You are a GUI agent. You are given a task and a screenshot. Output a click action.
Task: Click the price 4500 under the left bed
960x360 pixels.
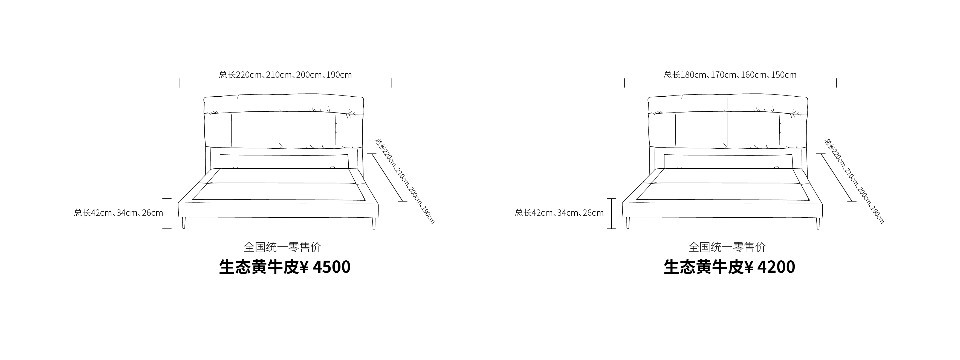[x=332, y=267]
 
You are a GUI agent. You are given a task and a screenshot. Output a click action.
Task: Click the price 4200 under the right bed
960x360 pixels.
[x=776, y=267]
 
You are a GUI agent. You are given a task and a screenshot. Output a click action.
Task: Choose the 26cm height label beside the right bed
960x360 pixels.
[x=593, y=213]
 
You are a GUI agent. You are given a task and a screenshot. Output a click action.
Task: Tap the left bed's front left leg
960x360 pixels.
[x=184, y=223]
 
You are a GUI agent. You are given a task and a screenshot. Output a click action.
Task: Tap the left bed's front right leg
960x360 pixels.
[x=374, y=223]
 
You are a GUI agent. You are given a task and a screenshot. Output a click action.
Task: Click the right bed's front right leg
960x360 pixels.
[x=818, y=223]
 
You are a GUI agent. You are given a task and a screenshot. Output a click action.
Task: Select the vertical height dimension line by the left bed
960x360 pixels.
[x=167, y=214]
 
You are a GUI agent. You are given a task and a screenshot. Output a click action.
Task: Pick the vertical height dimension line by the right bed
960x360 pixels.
[x=612, y=214]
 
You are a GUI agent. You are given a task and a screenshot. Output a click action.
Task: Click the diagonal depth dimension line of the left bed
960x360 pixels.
[x=388, y=177]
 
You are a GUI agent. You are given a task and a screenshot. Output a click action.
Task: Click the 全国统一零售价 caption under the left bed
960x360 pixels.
[x=282, y=247]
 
